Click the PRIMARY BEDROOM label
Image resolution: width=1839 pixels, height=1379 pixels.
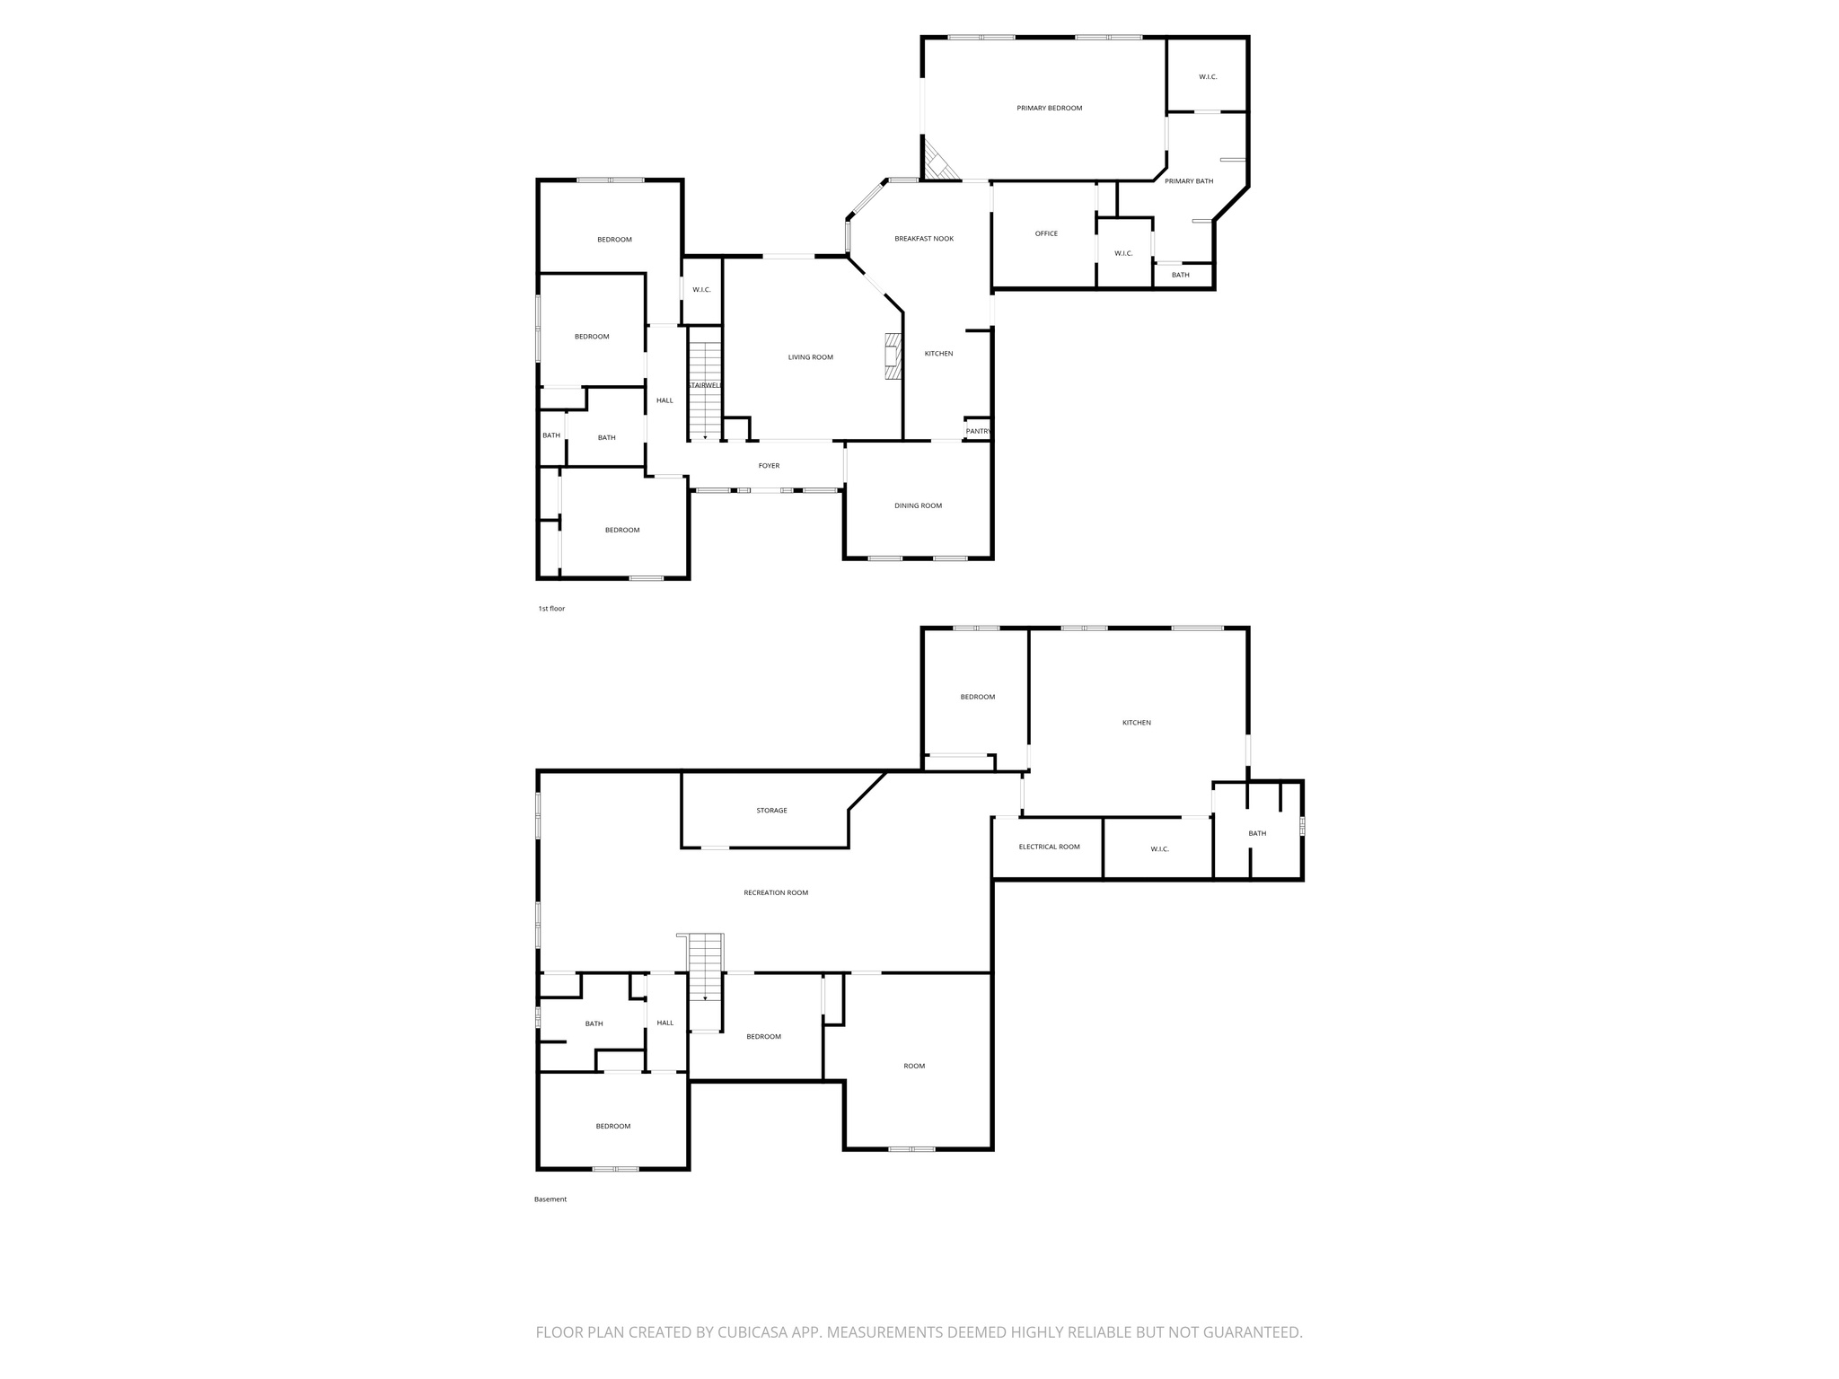pos(1049,109)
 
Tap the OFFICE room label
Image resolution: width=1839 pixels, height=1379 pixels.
pos(1046,234)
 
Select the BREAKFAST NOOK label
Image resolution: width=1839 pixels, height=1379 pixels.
pos(924,239)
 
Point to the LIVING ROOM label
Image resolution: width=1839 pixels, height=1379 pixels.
pos(811,357)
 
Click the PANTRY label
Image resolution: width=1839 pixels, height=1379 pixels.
pos(978,432)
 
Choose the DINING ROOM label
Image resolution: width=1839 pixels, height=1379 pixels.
pos(919,506)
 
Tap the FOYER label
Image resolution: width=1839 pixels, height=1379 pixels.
pos(769,466)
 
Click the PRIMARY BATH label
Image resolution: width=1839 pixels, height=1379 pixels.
pos(1189,181)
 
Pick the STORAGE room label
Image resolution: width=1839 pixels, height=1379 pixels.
pos(771,811)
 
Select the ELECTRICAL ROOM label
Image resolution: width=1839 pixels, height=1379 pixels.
pos(1049,848)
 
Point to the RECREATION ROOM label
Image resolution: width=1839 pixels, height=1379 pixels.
pos(776,893)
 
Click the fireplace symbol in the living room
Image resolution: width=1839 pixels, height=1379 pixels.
pos(893,356)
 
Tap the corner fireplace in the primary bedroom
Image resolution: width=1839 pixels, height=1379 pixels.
pos(939,162)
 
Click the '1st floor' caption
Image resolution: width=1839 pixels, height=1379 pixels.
pos(551,609)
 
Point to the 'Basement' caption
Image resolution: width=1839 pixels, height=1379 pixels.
pos(550,1199)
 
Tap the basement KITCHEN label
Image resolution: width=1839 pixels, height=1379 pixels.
pos(1136,723)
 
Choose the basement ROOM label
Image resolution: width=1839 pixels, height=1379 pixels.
pos(914,1067)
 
